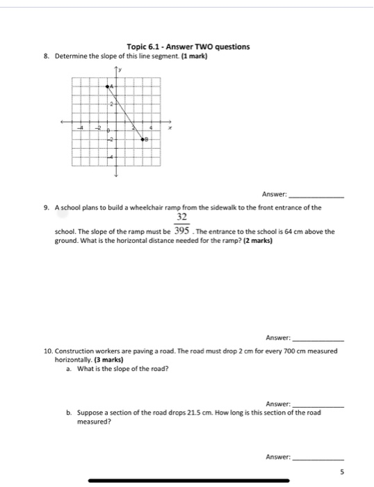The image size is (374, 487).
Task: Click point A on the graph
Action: point(108,86)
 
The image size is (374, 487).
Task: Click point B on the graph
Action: point(143,140)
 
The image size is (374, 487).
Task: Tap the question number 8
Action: point(45,55)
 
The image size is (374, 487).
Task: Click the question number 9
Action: point(45,207)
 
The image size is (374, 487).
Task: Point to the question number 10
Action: point(47,351)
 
